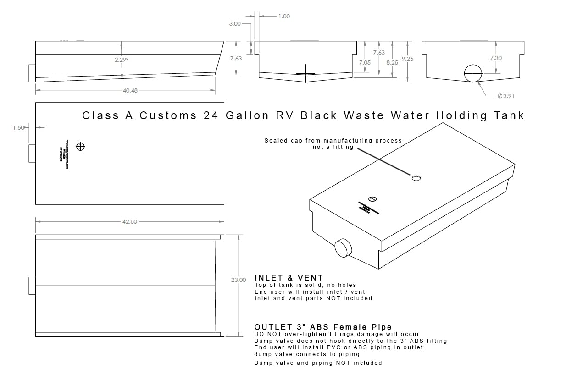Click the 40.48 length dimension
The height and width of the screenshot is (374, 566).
[130, 91]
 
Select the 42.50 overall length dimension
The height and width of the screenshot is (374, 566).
[130, 222]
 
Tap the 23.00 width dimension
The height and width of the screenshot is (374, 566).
[239, 280]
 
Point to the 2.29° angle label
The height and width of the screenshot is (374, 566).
[121, 59]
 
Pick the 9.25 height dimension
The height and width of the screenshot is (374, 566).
[407, 59]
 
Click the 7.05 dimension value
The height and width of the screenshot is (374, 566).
[365, 62]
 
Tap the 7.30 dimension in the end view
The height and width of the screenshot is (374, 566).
[496, 58]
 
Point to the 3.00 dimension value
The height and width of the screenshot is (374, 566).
[234, 24]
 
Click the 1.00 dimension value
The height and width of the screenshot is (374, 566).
[284, 16]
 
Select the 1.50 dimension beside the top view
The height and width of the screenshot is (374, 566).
[19, 128]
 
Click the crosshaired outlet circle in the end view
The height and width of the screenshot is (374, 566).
[473, 73]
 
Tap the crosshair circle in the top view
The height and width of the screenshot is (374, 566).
[81, 147]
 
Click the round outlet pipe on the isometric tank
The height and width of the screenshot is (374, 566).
[343, 248]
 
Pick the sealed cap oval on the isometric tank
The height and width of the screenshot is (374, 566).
[416, 177]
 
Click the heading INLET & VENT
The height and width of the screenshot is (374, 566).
[289, 278]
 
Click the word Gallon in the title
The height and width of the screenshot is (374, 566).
[247, 115]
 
